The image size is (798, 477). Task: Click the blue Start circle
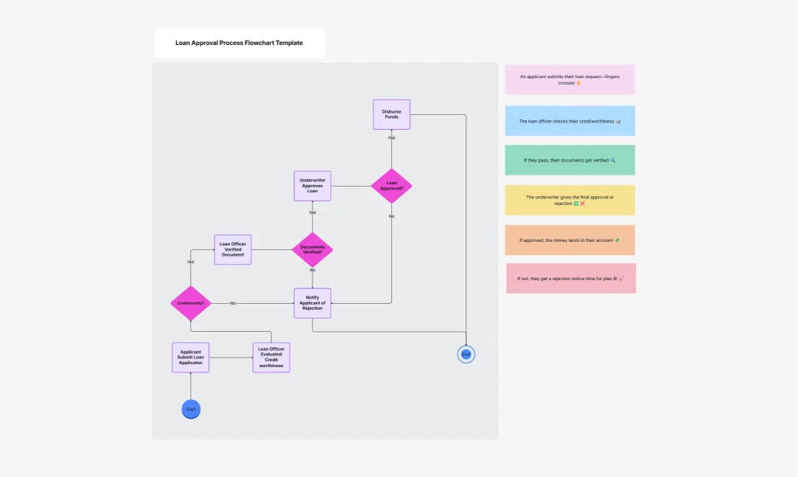pos(191,408)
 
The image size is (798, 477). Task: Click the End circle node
pos(466,355)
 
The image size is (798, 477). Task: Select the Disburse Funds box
pos(391,114)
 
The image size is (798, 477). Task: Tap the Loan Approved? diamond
pos(391,185)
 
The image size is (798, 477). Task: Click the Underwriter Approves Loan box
pos(312,186)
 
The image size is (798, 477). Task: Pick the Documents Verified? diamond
pos(312,250)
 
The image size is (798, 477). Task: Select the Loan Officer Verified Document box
pos(233,250)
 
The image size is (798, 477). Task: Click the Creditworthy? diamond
pos(191,303)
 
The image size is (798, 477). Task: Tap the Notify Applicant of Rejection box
pos(312,303)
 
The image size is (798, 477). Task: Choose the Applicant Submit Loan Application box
pos(190,358)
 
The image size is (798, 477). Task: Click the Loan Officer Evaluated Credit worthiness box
pos(271,358)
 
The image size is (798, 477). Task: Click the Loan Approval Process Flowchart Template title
pos(239,43)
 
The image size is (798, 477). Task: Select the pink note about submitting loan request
pos(570,80)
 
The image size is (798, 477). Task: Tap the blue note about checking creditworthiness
pos(570,121)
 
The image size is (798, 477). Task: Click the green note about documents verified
pos(570,160)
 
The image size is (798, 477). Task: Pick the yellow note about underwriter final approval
pos(570,200)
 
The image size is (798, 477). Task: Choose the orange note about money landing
pos(570,240)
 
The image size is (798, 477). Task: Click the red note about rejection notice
pos(570,279)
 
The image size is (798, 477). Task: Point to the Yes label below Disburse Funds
pos(391,138)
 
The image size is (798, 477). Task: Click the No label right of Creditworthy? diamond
pos(233,303)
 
